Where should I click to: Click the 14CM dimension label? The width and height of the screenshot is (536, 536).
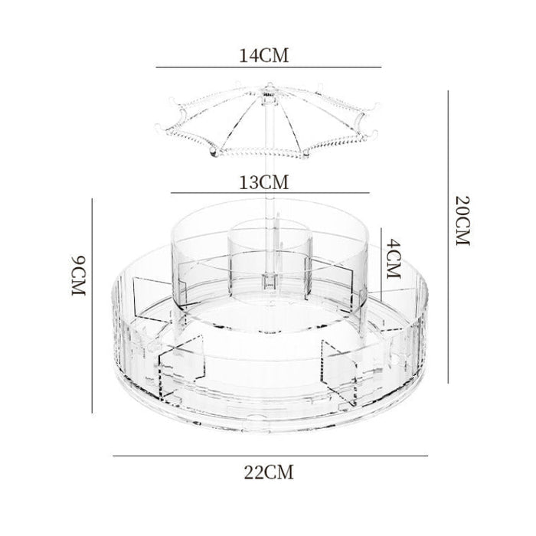(x=263, y=55)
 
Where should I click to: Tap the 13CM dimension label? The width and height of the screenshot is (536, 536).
(x=263, y=182)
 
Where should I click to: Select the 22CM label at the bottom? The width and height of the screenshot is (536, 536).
(x=269, y=472)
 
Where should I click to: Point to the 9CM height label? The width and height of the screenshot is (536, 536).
(x=78, y=276)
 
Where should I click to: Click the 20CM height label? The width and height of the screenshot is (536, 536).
(x=462, y=221)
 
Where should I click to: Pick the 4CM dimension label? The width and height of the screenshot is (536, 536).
(x=393, y=259)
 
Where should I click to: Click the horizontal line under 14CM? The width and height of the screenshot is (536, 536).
(x=269, y=67)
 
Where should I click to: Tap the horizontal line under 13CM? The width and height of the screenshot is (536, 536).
(x=270, y=193)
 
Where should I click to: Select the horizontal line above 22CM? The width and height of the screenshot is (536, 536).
(x=270, y=456)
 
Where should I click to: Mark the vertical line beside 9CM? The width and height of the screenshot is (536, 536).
(x=92, y=306)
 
